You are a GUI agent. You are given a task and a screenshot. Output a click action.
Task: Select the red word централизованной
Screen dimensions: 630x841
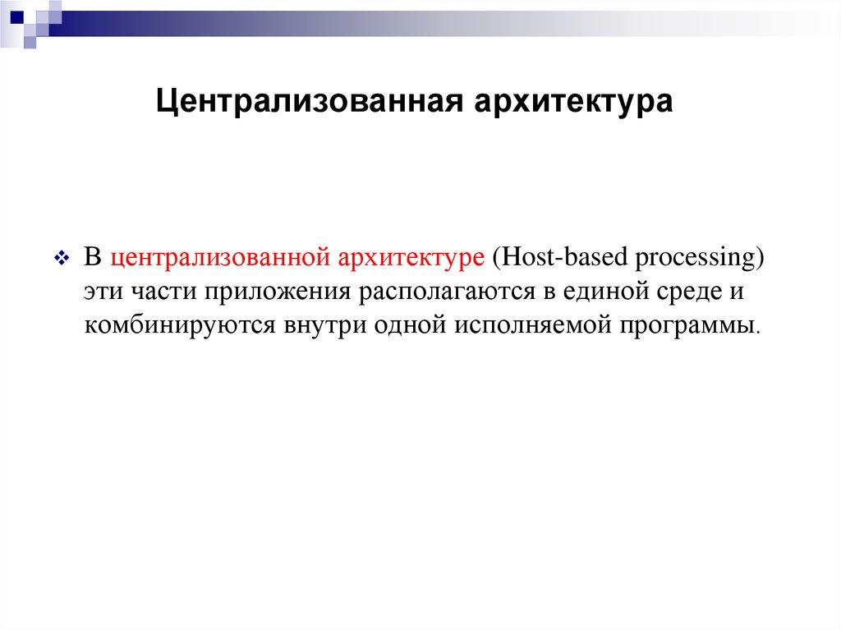215,257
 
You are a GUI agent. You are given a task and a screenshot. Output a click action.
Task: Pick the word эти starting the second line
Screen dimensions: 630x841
103,292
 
